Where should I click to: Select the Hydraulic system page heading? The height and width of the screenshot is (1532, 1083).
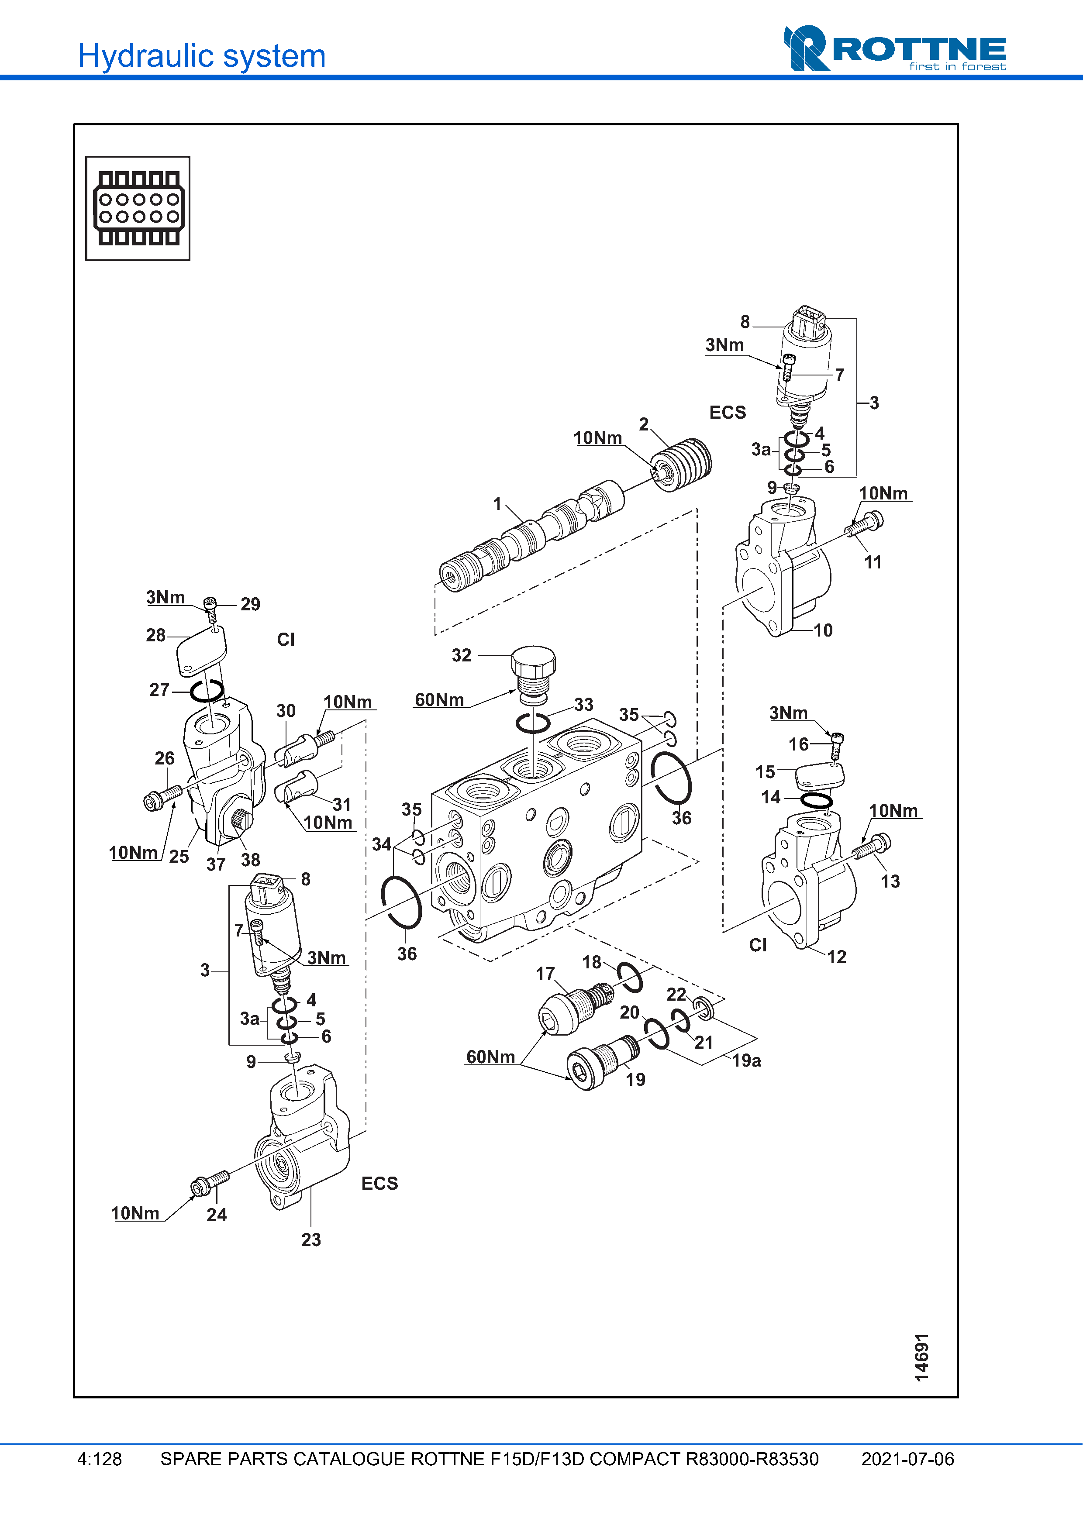[x=201, y=56]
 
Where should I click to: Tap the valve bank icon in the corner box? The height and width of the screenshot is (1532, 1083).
[x=138, y=208]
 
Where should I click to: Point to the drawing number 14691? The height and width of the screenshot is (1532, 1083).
[x=921, y=1357]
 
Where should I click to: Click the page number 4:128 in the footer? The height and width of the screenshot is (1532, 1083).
[x=100, y=1459]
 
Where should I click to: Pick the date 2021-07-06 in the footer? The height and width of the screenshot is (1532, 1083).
[x=907, y=1459]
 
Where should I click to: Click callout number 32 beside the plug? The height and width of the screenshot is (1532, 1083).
[x=461, y=655]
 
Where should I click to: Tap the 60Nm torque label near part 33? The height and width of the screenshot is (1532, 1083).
[x=439, y=699]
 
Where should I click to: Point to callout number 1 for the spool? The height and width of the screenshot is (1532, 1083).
[x=497, y=504]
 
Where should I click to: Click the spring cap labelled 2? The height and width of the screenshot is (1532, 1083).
[x=683, y=465]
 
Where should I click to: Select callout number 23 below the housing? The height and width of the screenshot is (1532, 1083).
[x=311, y=1240]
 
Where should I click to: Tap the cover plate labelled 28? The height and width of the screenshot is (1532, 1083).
[x=201, y=650]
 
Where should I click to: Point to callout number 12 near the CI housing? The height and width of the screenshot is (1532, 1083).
[x=837, y=957]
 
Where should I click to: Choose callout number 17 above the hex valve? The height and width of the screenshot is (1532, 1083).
[x=545, y=974]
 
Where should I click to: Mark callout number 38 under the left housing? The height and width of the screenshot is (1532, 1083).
[x=250, y=860]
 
